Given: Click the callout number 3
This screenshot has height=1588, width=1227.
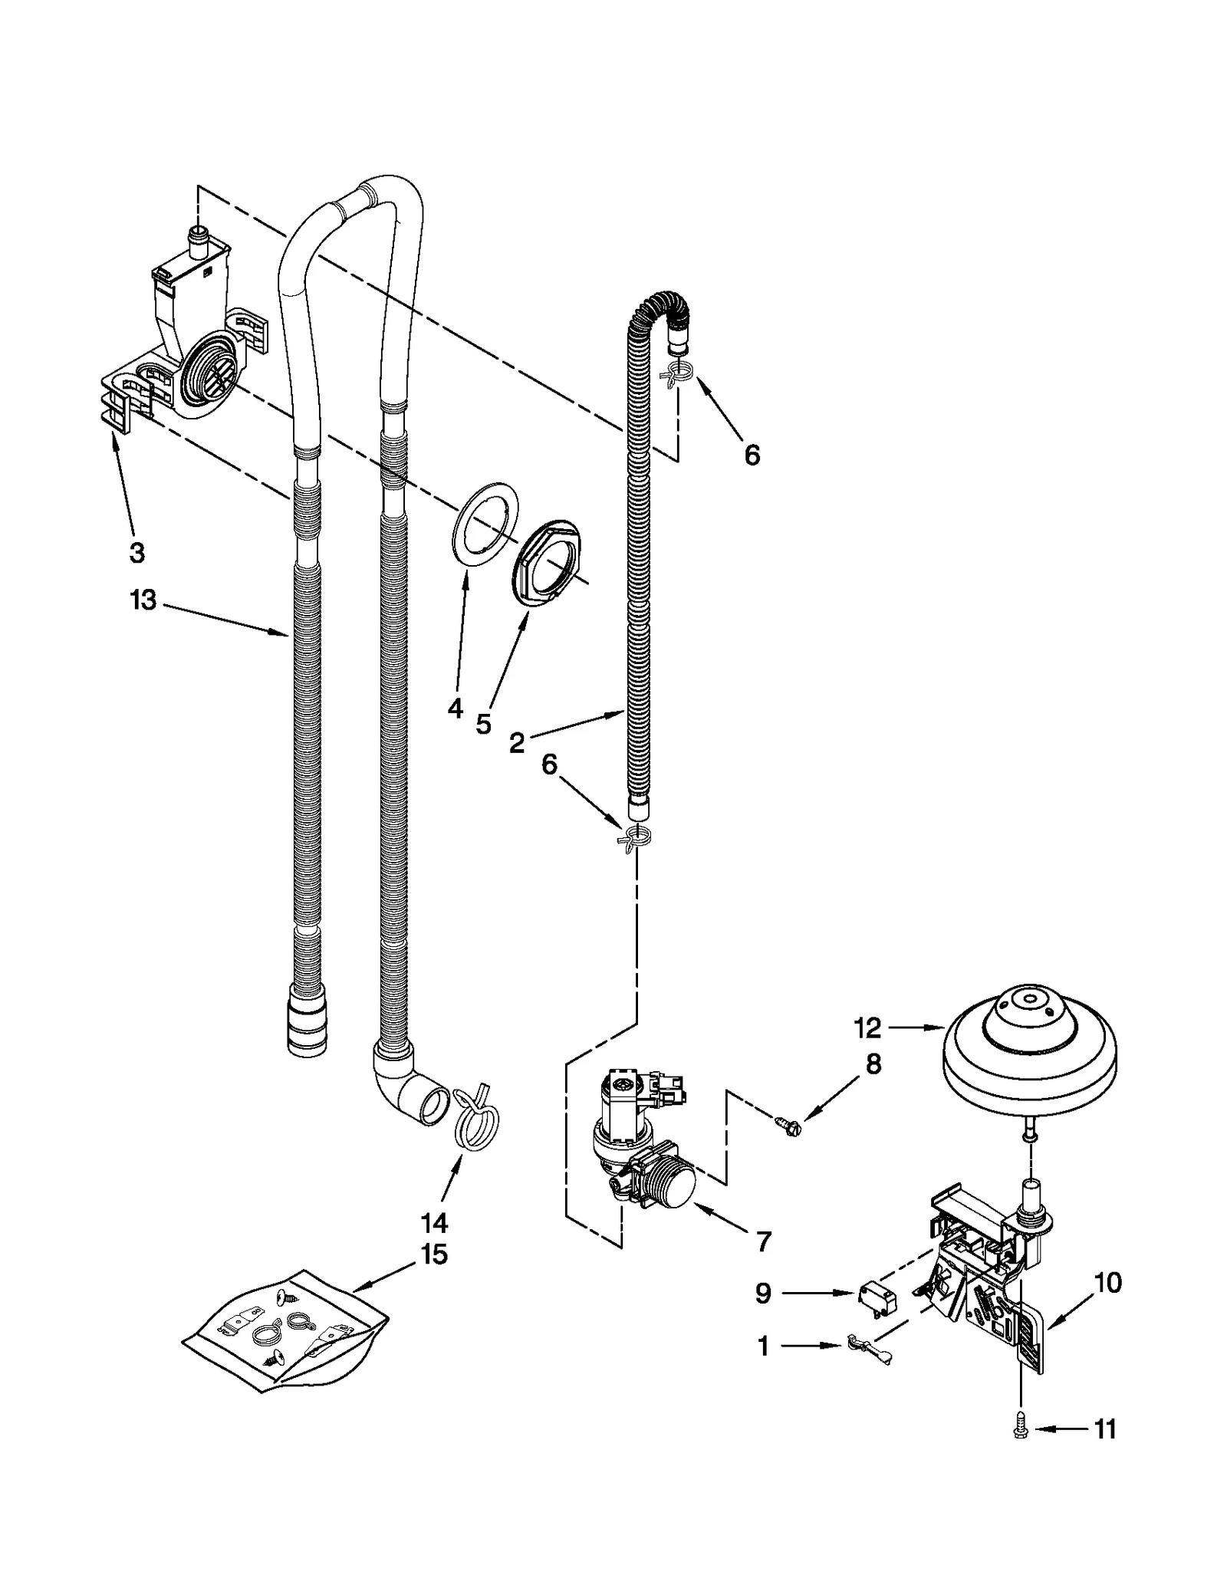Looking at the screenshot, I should pyautogui.click(x=137, y=552).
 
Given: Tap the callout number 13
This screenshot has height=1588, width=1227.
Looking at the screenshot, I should pyautogui.click(x=143, y=600).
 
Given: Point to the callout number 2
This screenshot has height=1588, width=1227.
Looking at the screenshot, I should pyautogui.click(x=517, y=741).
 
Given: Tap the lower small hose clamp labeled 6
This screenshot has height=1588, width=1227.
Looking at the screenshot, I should pyautogui.click(x=637, y=837).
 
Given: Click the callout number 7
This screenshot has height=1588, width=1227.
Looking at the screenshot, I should pyautogui.click(x=763, y=1241).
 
